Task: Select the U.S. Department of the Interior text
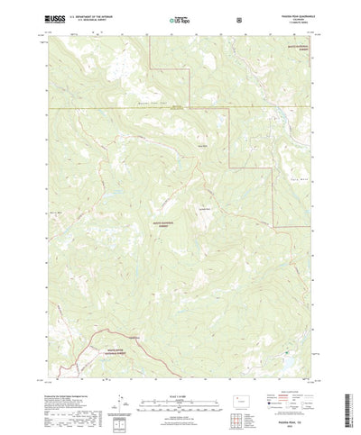click(94, 15)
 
